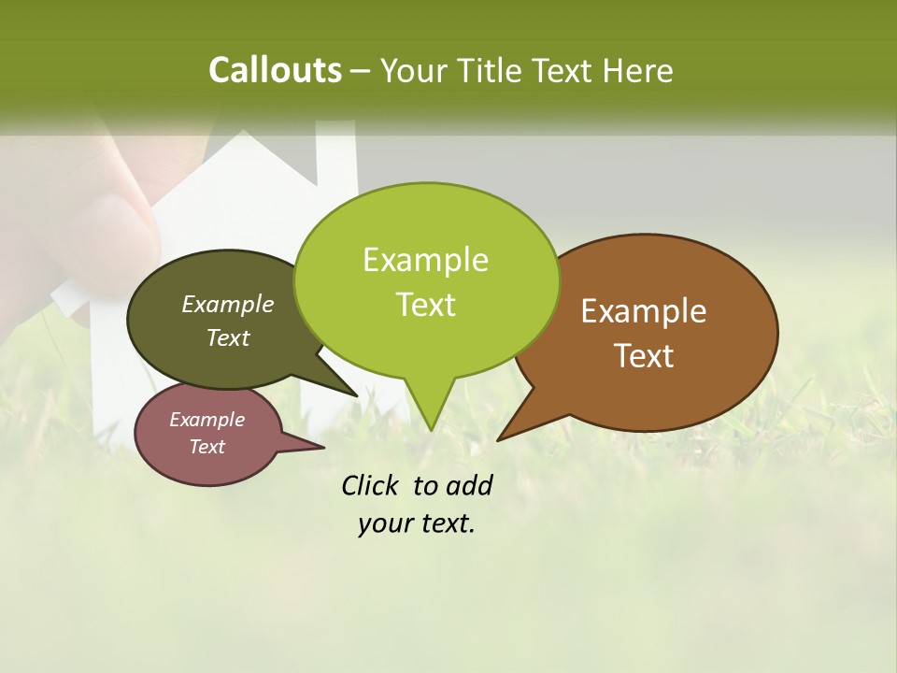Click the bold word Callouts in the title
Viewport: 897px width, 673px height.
tap(275, 70)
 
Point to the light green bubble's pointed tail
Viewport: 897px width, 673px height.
tap(430, 416)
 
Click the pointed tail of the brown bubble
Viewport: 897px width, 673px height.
tap(509, 430)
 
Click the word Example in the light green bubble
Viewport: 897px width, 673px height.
tap(426, 260)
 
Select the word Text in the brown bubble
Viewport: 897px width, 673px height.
tap(645, 356)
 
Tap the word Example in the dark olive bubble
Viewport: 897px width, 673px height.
tap(228, 305)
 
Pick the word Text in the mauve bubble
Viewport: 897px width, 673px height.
tap(207, 447)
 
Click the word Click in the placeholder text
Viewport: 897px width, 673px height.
tap(372, 486)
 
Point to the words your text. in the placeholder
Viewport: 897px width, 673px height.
tap(417, 524)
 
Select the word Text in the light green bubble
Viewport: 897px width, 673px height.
tap(426, 305)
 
